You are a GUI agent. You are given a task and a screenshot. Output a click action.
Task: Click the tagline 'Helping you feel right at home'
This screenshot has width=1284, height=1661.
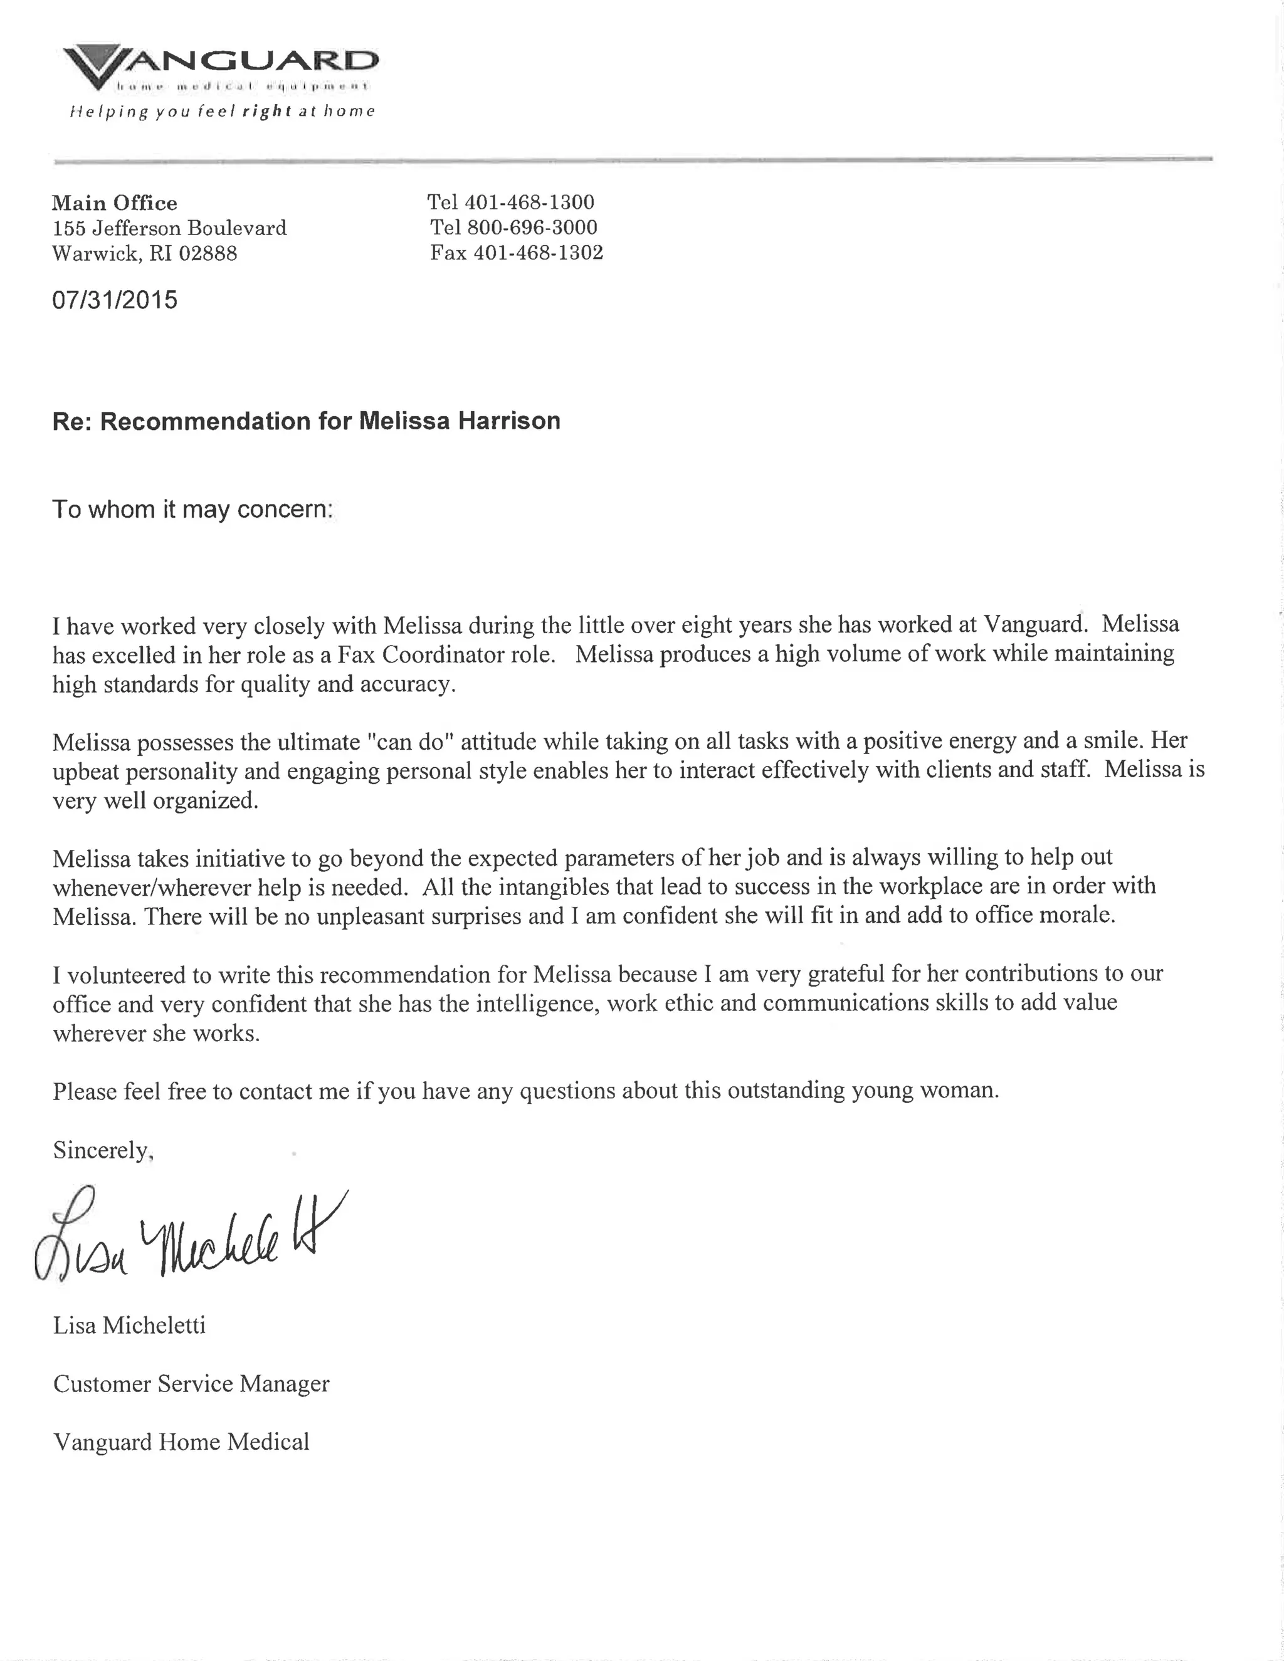pyautogui.click(x=222, y=112)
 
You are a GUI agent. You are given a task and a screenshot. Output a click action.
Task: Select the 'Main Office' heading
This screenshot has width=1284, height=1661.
pyautogui.click(x=114, y=203)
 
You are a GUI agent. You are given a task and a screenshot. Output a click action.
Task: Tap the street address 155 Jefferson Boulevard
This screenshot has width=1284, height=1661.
pyautogui.click(x=169, y=228)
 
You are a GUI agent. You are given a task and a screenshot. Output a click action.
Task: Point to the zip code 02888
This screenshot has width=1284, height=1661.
pyautogui.click(x=208, y=253)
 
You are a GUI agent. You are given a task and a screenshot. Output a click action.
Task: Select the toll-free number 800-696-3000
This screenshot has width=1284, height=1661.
pyautogui.click(x=532, y=228)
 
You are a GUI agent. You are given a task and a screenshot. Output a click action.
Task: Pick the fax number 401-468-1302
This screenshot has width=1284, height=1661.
pyautogui.click(x=538, y=253)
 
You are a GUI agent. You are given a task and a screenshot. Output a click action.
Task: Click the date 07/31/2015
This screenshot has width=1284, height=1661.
pyautogui.click(x=114, y=300)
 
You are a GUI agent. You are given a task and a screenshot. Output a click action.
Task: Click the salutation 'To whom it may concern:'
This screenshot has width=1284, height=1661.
pyautogui.click(x=192, y=509)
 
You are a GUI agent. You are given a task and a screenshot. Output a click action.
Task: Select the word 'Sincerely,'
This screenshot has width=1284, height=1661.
pyautogui.click(x=103, y=1150)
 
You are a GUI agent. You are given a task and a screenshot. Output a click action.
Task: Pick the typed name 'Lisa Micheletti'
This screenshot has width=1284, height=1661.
pyautogui.click(x=129, y=1326)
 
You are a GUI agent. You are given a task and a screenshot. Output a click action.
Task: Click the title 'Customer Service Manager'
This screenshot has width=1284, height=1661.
pyautogui.click(x=191, y=1383)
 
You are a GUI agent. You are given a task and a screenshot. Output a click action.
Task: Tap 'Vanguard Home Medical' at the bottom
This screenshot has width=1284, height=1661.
pyautogui.click(x=181, y=1442)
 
